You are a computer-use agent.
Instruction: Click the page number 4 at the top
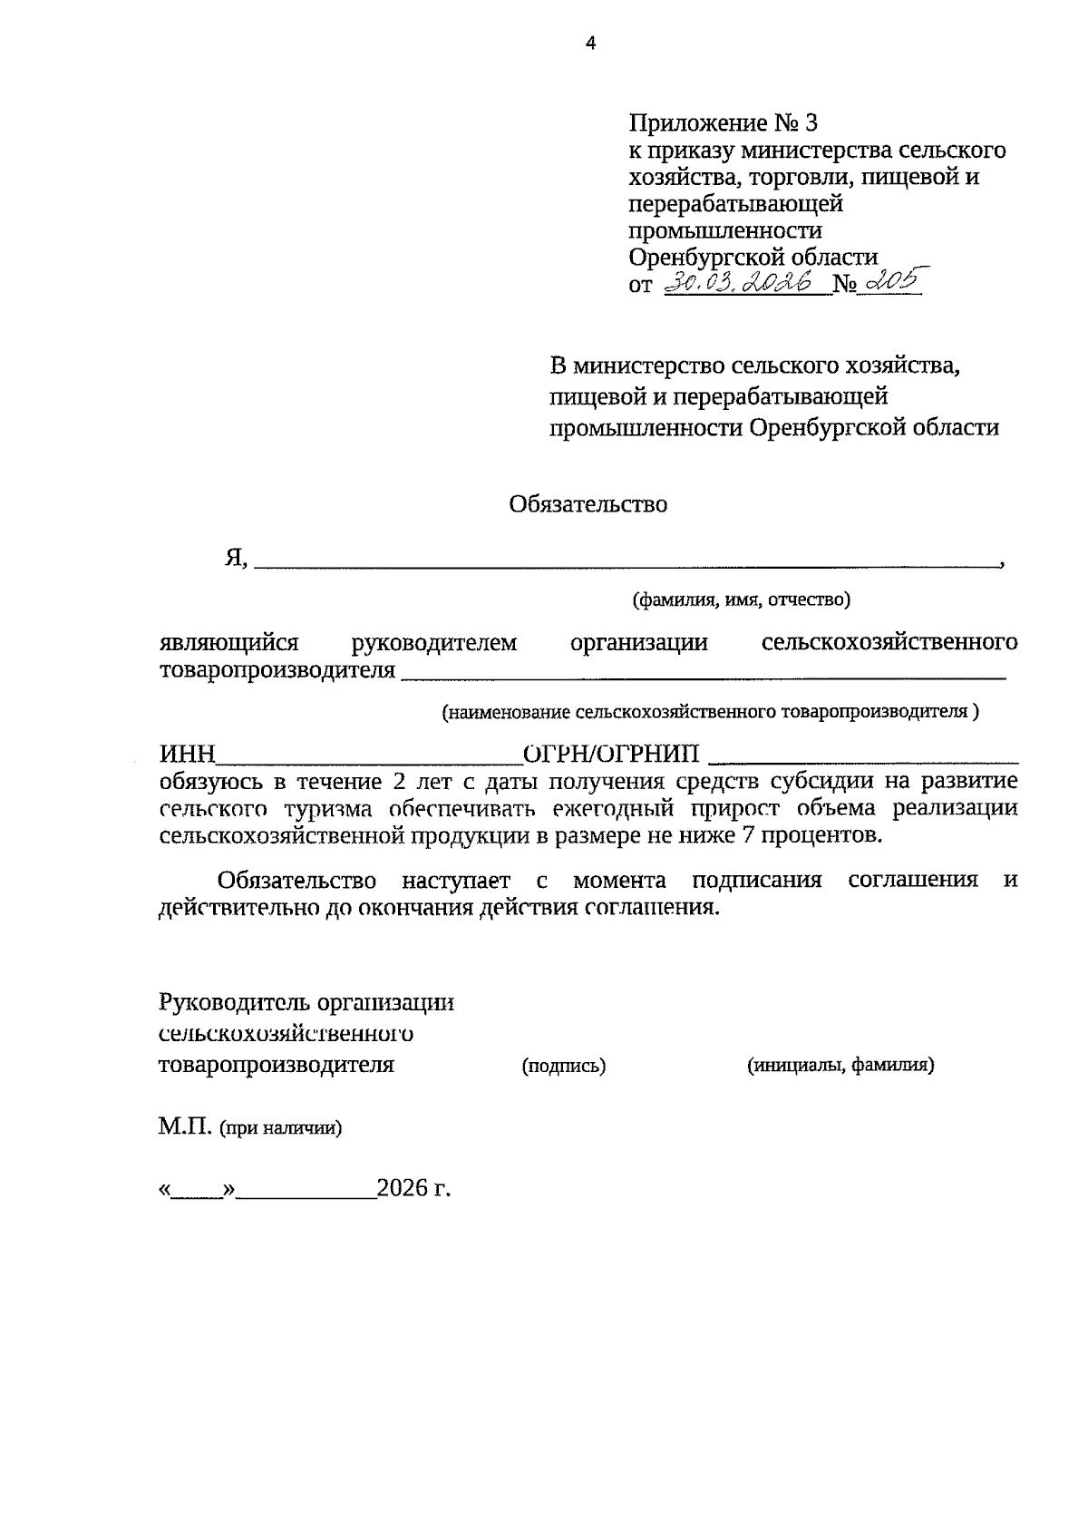tap(591, 42)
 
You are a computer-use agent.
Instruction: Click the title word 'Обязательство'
tap(588, 504)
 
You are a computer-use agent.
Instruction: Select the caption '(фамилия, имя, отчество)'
tap(741, 599)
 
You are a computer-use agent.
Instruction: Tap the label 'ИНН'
tap(188, 755)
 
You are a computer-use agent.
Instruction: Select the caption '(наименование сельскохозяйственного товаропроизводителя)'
tap(710, 712)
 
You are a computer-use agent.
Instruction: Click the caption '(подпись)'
tap(564, 1067)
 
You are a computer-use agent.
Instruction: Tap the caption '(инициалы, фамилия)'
tap(840, 1066)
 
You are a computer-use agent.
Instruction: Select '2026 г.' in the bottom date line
tap(413, 1188)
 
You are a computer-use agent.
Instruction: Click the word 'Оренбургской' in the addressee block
tap(823, 427)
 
